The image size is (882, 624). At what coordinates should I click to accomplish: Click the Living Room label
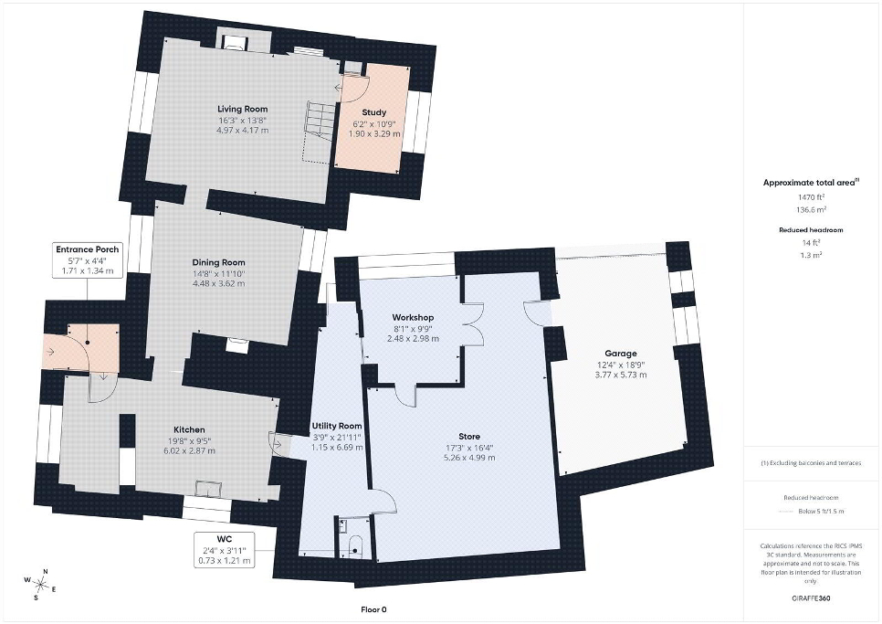[243, 109]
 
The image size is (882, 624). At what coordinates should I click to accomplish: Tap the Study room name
[374, 112]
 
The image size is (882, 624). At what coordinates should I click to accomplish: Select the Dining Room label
[219, 262]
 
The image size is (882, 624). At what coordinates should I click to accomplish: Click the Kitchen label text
[189, 430]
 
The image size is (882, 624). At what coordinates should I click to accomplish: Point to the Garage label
[621, 354]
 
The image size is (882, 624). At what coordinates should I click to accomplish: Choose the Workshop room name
[413, 318]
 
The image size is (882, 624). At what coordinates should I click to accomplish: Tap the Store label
[469, 437]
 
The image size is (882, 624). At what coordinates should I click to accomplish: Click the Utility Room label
[337, 426]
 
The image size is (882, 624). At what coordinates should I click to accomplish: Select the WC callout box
[224, 550]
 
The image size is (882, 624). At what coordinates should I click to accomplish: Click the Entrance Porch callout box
[87, 260]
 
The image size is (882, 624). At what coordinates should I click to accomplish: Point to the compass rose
[40, 584]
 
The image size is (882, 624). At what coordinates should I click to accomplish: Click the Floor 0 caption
[373, 609]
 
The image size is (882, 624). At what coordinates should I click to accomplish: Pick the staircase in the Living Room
[317, 132]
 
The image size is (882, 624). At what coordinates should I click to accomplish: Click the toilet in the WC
[355, 545]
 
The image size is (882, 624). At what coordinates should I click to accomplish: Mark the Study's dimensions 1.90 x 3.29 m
[374, 134]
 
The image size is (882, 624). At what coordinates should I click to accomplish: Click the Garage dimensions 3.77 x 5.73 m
[621, 375]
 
